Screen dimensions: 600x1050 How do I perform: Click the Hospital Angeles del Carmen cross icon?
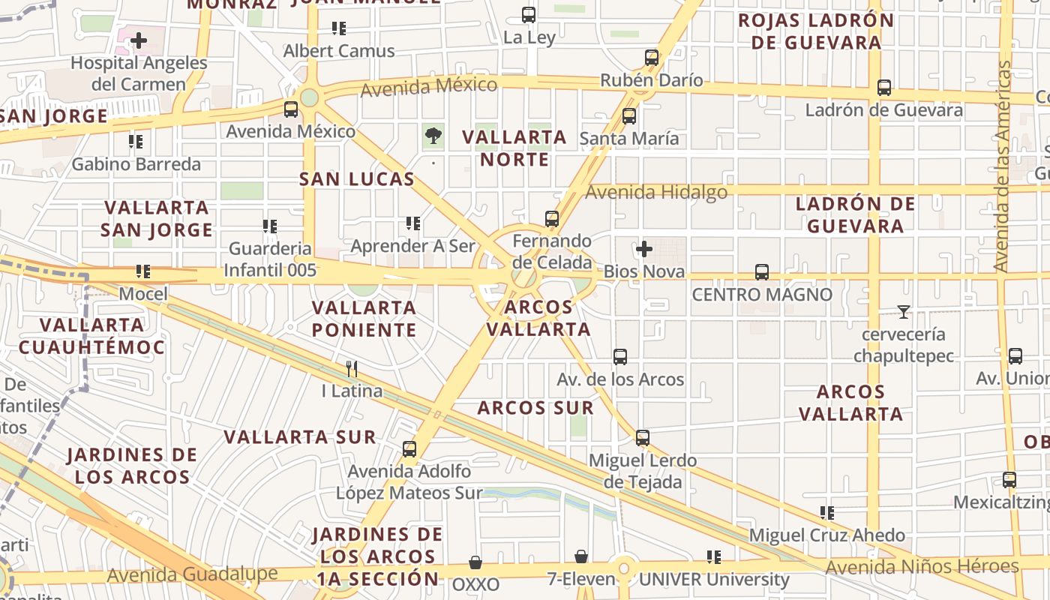(x=139, y=40)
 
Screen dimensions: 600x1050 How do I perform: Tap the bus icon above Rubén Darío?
(x=652, y=57)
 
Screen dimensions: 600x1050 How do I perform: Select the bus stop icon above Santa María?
(x=629, y=115)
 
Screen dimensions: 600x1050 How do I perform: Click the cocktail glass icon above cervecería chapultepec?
(x=904, y=311)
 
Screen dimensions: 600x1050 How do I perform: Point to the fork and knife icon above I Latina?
(x=352, y=368)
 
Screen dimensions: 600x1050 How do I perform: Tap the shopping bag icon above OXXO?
(x=475, y=562)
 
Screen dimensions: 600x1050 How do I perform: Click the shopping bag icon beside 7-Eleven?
(x=581, y=556)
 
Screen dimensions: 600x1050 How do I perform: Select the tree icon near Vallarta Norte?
(x=433, y=136)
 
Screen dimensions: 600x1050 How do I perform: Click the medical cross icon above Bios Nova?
(x=643, y=248)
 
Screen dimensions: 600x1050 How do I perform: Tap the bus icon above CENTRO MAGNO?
(x=762, y=271)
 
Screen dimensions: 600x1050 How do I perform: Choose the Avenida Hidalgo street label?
(x=656, y=193)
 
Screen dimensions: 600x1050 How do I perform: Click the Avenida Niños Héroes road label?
(x=922, y=566)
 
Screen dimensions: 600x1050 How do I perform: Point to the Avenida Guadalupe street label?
(x=192, y=574)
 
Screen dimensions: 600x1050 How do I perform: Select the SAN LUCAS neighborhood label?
(x=357, y=179)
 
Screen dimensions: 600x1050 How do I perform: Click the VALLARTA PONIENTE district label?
(x=364, y=318)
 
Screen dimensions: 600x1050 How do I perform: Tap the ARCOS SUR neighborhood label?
(x=535, y=408)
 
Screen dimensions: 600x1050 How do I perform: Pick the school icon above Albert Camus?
(x=339, y=28)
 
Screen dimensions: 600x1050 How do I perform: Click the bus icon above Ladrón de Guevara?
(x=884, y=88)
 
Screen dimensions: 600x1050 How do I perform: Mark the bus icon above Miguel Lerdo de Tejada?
(x=643, y=437)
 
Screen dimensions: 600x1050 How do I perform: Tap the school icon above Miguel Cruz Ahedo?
(x=827, y=513)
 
